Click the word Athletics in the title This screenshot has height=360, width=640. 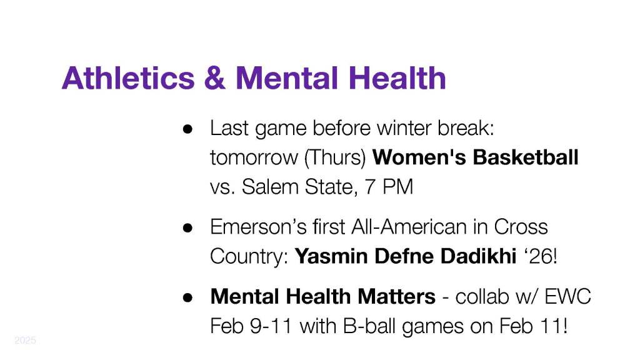pyautogui.click(x=128, y=78)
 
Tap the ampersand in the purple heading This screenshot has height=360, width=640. pyautogui.click(x=215, y=78)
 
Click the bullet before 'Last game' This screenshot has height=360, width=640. pyautogui.click(x=187, y=129)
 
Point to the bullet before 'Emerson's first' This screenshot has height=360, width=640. pyautogui.click(x=187, y=227)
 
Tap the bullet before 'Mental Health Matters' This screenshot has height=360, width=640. pyautogui.click(x=187, y=297)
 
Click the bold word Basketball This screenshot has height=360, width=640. pyautogui.click(x=526, y=157)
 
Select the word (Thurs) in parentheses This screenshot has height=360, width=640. pyautogui.click(x=335, y=157)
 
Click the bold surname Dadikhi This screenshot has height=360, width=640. pyautogui.click(x=479, y=256)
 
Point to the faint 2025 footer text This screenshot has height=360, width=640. pyautogui.click(x=25, y=340)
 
